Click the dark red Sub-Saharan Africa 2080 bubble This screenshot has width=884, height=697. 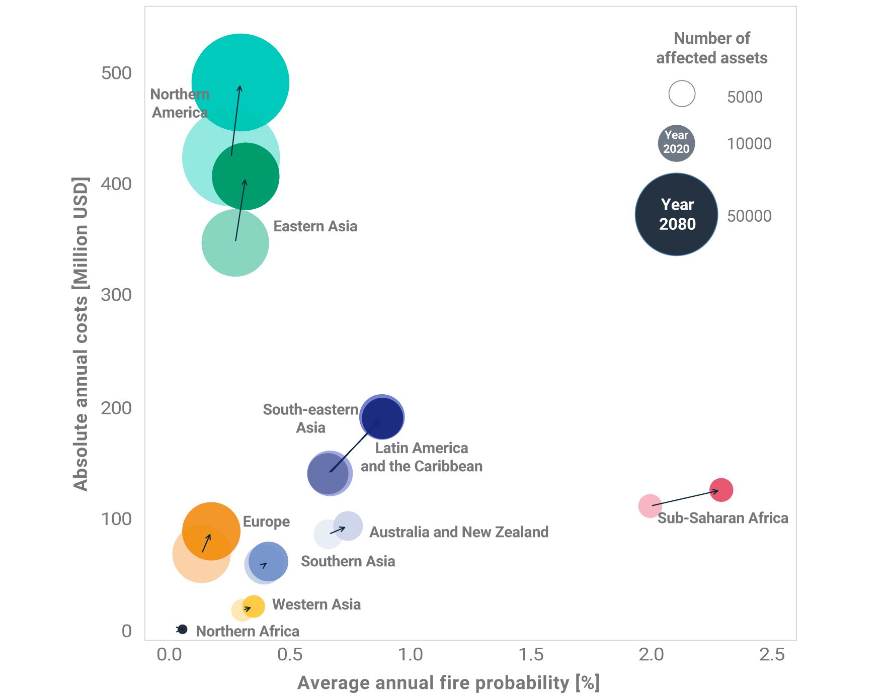click(x=721, y=490)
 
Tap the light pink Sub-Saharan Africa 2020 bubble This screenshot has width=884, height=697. click(x=650, y=506)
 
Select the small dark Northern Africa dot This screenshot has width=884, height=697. click(x=183, y=629)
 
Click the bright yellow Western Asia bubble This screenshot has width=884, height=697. click(x=254, y=606)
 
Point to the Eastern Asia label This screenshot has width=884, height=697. click(x=315, y=226)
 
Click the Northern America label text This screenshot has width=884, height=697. click(x=180, y=103)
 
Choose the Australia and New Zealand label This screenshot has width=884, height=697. click(x=458, y=532)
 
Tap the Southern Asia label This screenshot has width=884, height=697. click(x=348, y=561)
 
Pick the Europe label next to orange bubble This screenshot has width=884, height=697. click(x=266, y=521)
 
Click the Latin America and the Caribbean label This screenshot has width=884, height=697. click(x=421, y=457)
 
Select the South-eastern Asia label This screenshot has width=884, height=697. click(x=310, y=418)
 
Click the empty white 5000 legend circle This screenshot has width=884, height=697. click(x=682, y=94)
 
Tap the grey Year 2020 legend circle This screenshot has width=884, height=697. click(x=676, y=143)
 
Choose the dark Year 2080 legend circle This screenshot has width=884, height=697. click(x=677, y=215)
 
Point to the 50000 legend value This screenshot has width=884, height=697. click(x=749, y=216)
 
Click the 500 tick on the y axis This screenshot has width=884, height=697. click(x=116, y=73)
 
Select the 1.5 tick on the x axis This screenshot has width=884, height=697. click(x=531, y=655)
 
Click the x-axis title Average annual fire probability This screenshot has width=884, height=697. click(x=448, y=683)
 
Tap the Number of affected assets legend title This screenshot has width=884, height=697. click(x=711, y=48)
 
